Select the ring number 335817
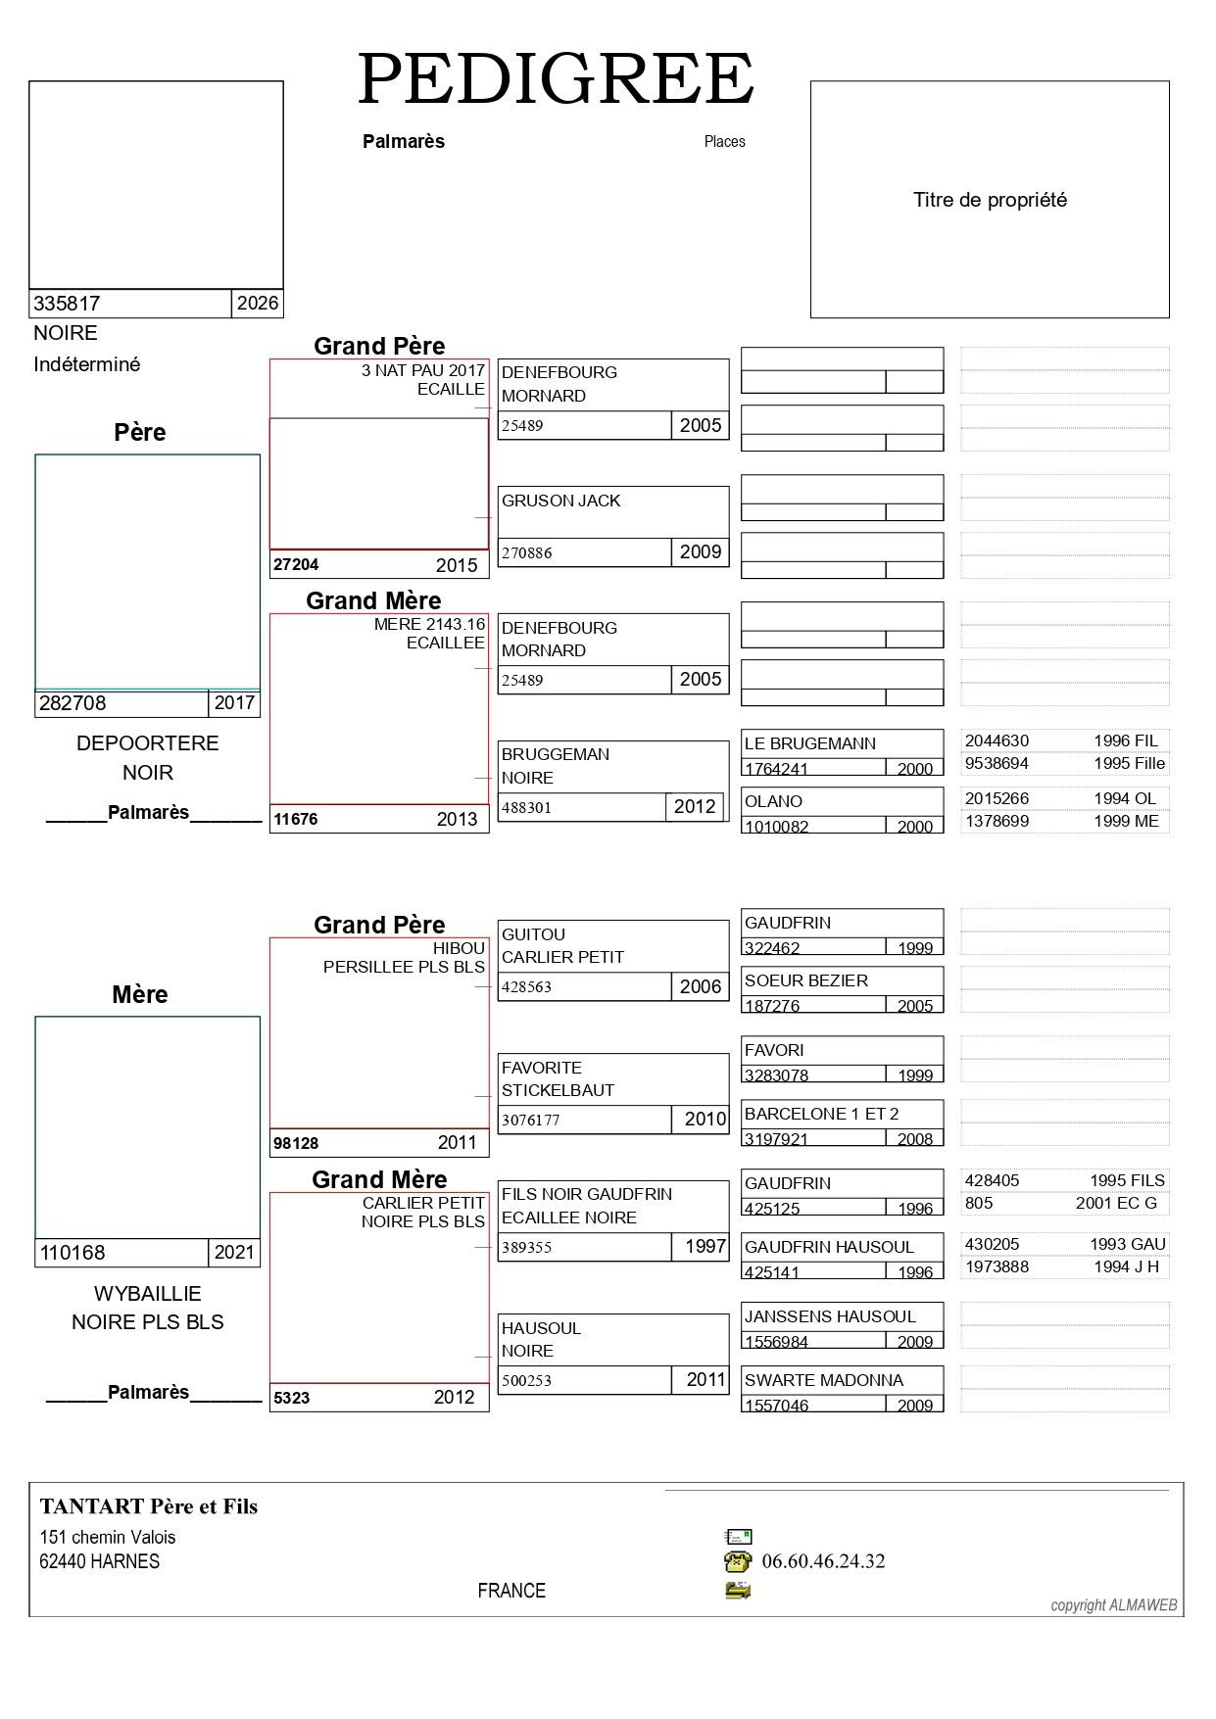click(67, 304)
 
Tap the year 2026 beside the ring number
click(258, 304)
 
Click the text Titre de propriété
click(990, 200)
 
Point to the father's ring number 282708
click(73, 703)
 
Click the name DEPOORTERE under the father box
click(148, 743)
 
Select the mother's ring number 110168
click(73, 1253)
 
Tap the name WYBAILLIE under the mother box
click(148, 1294)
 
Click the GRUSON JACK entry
click(561, 501)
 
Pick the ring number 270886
click(527, 553)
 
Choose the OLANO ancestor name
click(774, 801)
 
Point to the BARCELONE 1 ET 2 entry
click(822, 1114)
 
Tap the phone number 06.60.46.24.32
click(823, 1561)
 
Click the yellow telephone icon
click(738, 1561)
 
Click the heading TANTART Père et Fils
click(149, 1506)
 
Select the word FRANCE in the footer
click(511, 1591)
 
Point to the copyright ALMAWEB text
click(1114, 1605)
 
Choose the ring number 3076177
click(531, 1120)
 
